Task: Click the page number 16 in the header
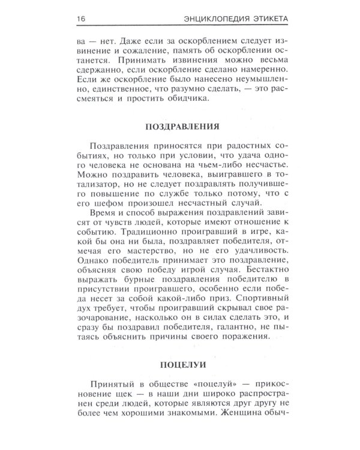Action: click(x=79, y=19)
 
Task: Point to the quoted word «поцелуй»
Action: click(x=212, y=386)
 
